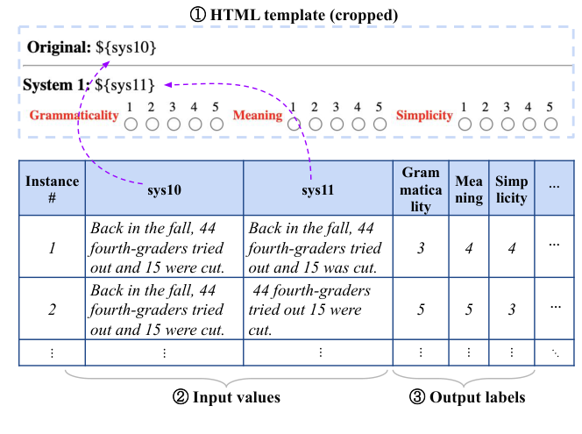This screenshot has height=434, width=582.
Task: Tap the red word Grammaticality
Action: tap(74, 116)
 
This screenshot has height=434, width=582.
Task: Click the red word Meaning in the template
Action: tap(258, 116)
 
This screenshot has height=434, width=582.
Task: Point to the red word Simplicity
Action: tap(424, 116)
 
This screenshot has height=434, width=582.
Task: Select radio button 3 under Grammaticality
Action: tap(173, 125)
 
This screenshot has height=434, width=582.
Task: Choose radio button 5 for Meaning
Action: tap(379, 125)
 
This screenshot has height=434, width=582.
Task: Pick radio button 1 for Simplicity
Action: tap(465, 125)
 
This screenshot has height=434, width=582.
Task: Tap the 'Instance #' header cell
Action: tap(52, 189)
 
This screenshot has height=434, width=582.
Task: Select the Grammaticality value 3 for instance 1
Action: tap(421, 248)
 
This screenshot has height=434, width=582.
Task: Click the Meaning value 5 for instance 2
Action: tap(469, 309)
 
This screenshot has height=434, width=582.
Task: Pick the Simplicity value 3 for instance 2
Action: tap(511, 309)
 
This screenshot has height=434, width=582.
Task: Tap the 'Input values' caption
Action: tap(227, 397)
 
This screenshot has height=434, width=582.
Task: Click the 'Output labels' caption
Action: tap(468, 397)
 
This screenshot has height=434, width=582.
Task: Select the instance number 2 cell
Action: tap(52, 309)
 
